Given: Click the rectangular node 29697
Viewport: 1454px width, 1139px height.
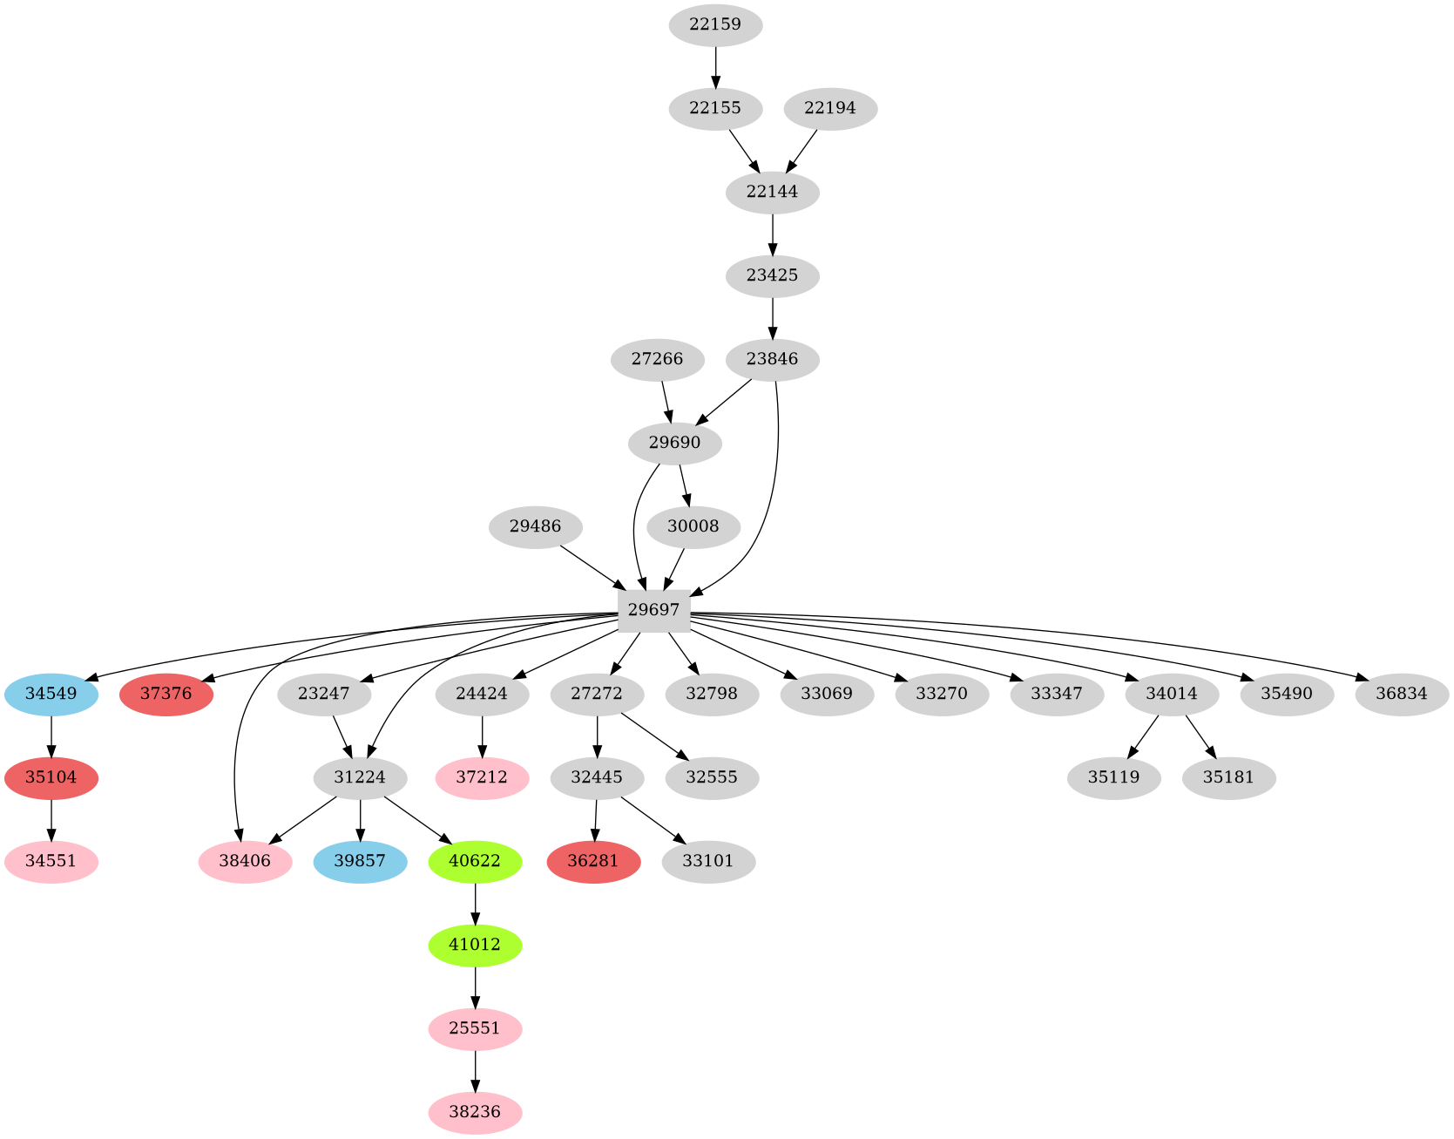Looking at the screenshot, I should click(653, 610).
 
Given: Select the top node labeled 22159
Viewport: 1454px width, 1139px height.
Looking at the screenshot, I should click(715, 24).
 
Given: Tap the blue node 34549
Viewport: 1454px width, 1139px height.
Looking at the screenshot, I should click(51, 694).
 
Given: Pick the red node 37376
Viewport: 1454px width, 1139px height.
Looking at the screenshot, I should click(166, 694).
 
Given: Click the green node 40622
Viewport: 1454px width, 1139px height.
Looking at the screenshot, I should click(475, 861).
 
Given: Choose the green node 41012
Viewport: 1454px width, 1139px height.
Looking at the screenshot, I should click(475, 945).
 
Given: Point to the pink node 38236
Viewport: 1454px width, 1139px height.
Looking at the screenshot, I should click(475, 1112).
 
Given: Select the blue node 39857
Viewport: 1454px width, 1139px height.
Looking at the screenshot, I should click(360, 861).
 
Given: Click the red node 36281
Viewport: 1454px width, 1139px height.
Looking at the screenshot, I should click(593, 861).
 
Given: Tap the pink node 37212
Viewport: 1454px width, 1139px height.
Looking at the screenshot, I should click(482, 777).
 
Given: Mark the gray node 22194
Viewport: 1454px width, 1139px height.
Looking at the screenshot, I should click(830, 108).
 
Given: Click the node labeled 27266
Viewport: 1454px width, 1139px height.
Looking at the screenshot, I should click(658, 359).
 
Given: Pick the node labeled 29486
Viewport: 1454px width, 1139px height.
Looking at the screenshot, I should click(535, 526).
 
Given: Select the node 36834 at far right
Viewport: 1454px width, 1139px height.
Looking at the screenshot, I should click(1402, 694).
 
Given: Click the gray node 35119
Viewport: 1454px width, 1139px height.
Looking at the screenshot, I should click(1113, 777).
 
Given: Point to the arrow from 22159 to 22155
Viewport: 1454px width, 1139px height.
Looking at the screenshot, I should click(715, 66).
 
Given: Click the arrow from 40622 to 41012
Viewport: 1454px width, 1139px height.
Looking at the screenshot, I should click(475, 903).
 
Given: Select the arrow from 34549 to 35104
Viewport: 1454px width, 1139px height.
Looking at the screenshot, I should click(51, 736).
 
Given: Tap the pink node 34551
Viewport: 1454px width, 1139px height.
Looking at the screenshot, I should click(51, 861).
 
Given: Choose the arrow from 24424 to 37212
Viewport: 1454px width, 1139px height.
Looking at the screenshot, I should click(482, 736).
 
